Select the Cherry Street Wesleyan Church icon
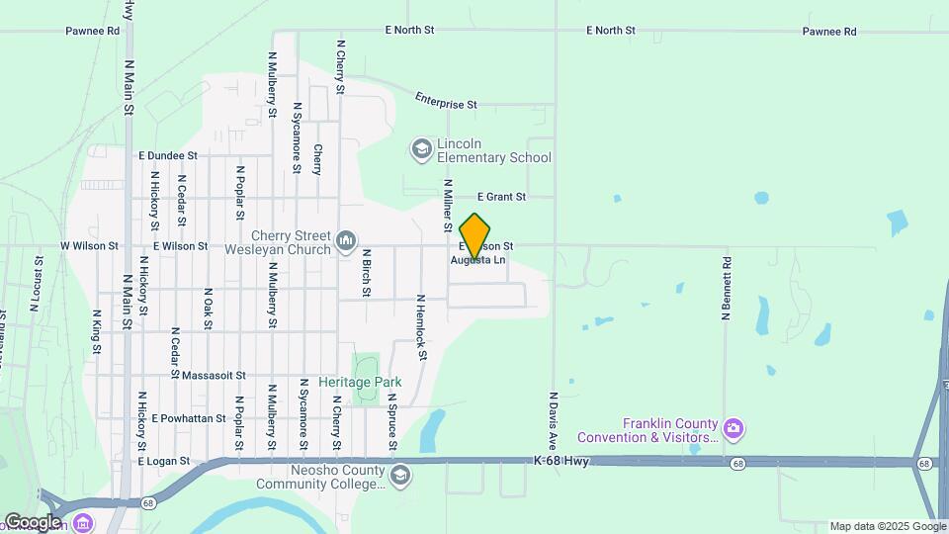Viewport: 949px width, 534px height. [346, 240]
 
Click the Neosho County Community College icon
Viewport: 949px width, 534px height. [399, 476]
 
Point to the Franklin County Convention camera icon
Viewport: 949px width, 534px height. [733, 428]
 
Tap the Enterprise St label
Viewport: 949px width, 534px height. [446, 102]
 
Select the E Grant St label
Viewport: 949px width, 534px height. [501, 197]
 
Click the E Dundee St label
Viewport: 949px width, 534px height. [168, 155]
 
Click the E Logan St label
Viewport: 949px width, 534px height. [163, 462]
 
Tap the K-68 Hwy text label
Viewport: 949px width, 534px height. [561, 461]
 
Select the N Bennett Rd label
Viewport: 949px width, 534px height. [727, 288]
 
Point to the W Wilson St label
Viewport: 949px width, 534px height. [89, 245]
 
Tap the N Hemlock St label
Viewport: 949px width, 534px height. [421, 326]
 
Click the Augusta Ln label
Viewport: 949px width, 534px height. [478, 260]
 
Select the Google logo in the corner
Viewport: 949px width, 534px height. [33, 521]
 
